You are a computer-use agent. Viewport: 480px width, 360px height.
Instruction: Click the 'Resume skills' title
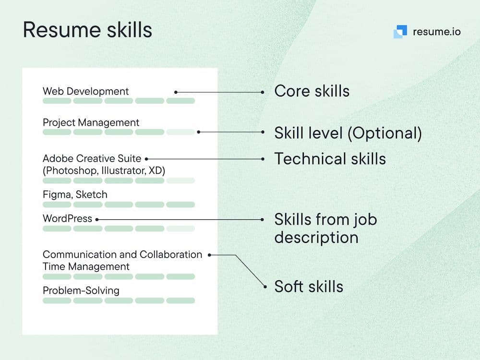point(87,30)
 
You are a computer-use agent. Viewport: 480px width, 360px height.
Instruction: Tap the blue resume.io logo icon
point(400,32)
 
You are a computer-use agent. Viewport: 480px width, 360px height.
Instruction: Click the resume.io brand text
point(436,32)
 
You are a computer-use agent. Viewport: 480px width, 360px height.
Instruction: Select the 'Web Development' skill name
point(86,91)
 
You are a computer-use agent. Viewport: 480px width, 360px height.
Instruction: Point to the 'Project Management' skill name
point(91,122)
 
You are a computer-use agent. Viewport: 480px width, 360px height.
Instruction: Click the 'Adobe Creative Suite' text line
point(92,158)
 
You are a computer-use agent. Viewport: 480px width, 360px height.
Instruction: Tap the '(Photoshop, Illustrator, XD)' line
point(104,170)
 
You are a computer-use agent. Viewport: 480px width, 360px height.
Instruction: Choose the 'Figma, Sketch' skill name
point(75,195)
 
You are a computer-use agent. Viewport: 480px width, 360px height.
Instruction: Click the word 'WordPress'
point(67,218)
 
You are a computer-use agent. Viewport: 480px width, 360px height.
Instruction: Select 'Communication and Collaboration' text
point(122,254)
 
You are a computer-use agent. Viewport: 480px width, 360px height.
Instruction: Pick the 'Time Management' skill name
point(86,266)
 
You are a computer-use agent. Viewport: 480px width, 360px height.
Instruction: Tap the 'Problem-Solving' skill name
point(81,290)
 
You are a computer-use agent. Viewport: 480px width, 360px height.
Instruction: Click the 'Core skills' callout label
point(312,91)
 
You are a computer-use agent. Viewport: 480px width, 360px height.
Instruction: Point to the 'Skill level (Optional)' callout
point(348,133)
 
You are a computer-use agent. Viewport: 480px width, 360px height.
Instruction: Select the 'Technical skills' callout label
point(330,158)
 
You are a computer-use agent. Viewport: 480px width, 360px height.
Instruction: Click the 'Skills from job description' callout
point(326,228)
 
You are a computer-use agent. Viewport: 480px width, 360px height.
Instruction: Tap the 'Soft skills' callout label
point(309,287)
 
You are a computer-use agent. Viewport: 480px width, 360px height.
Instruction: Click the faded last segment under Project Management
point(180,132)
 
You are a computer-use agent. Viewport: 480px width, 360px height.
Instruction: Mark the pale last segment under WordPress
point(180,228)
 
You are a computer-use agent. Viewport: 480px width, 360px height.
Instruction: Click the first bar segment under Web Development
point(57,101)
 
